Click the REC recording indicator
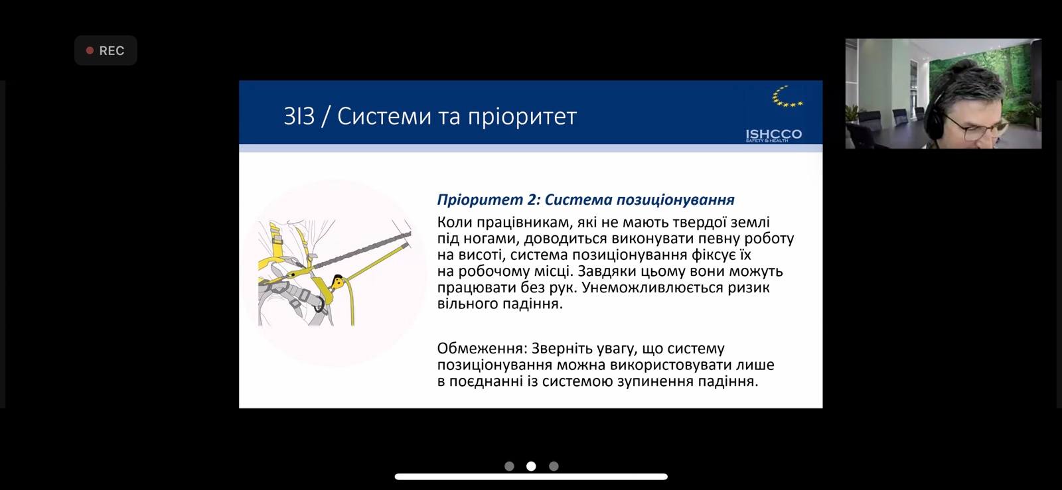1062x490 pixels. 106,50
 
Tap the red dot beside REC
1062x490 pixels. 90,50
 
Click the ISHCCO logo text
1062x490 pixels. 774,135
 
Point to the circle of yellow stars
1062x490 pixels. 787,97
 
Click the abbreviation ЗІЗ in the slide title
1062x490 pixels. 299,116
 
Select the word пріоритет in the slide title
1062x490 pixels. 522,117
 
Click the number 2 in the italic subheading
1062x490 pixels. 531,200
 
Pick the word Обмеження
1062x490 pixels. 482,349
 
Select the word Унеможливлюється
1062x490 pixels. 652,287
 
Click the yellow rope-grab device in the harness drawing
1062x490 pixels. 338,282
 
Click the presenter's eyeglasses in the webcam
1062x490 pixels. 976,127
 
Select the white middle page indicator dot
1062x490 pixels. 531,466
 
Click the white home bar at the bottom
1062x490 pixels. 531,477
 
